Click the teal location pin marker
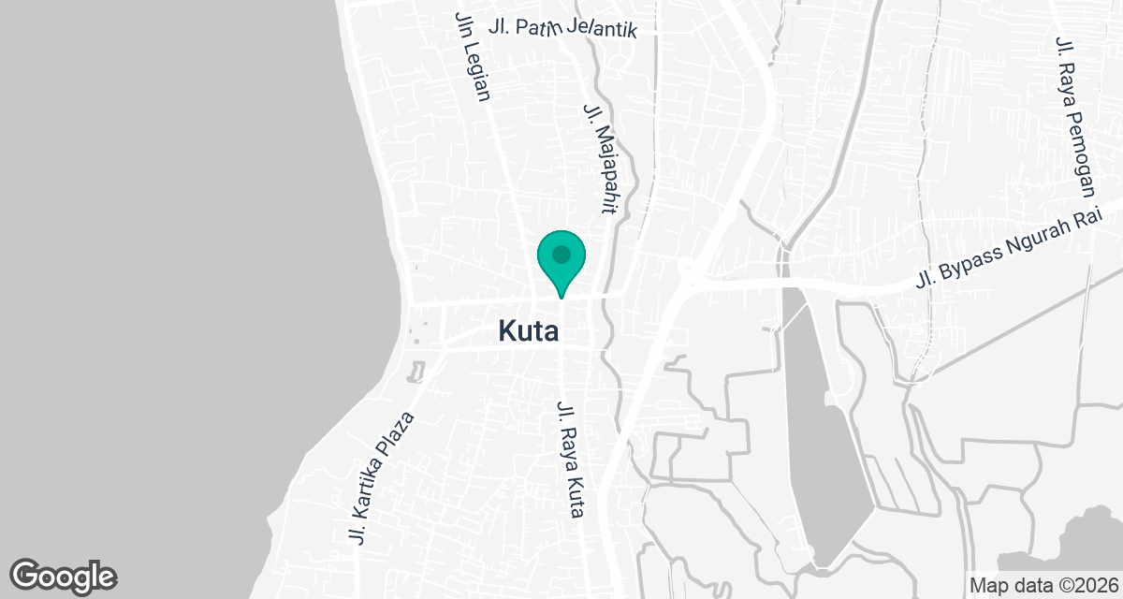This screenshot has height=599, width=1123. (x=561, y=261)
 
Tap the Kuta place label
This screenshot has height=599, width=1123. (x=529, y=331)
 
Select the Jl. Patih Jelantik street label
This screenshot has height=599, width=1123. (x=562, y=28)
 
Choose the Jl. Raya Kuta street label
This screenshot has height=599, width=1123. (x=571, y=460)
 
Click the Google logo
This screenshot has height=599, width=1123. (x=63, y=576)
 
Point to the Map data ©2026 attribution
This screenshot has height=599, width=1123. (x=1043, y=585)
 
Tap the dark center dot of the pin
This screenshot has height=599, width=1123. (x=561, y=255)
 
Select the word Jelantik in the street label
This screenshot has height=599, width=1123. (x=601, y=29)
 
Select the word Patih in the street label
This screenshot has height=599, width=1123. (x=537, y=26)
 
